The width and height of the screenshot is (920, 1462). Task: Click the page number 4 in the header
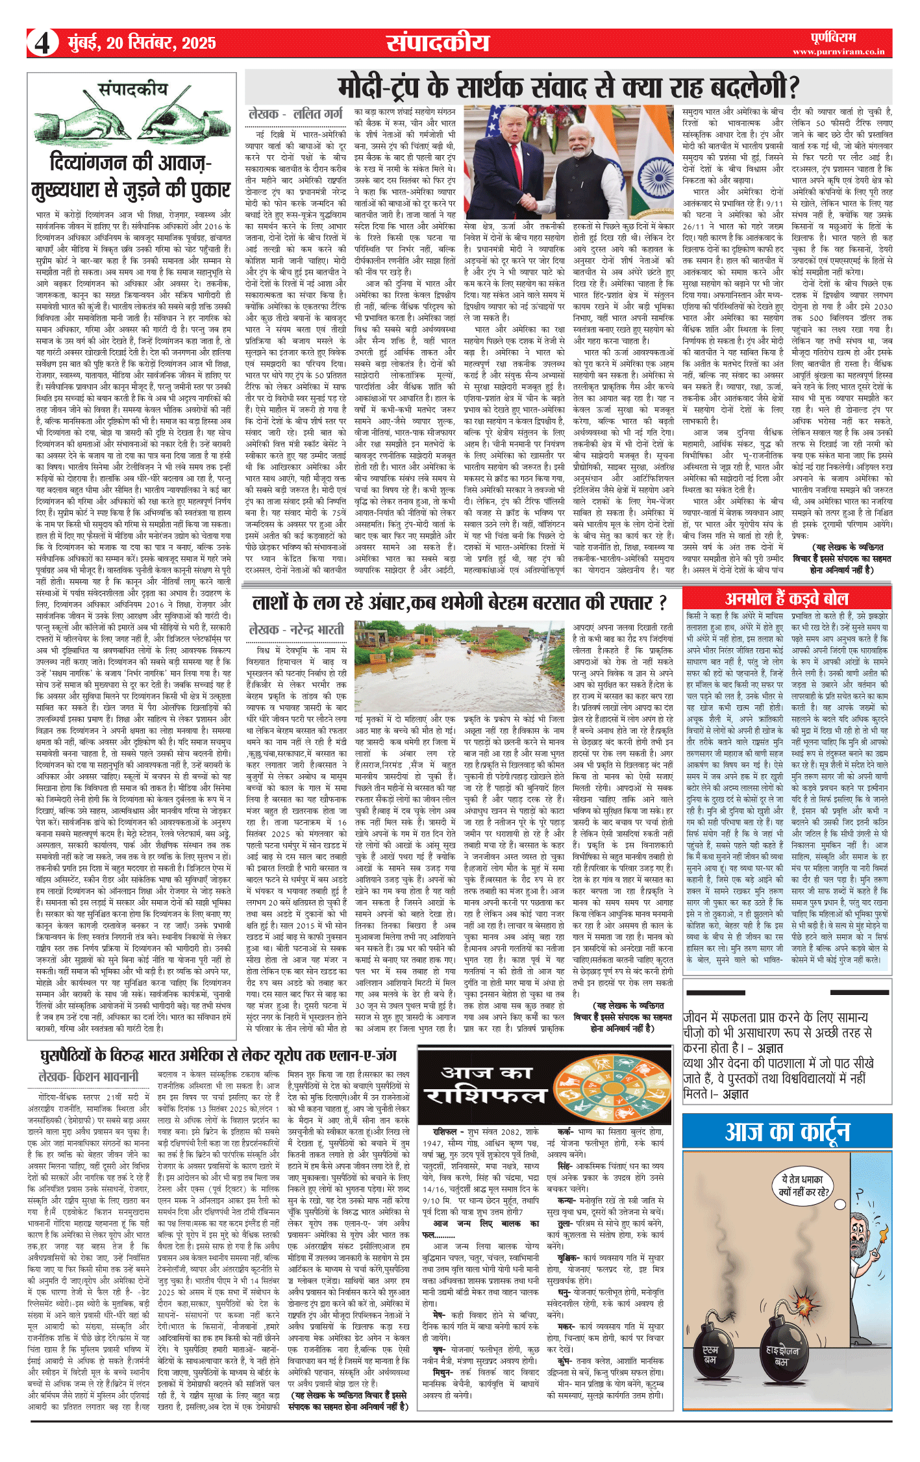pos(42,44)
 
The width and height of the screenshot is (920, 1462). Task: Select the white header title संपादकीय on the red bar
pos(438,43)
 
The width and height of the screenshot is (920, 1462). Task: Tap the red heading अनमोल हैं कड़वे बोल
pos(787,598)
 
